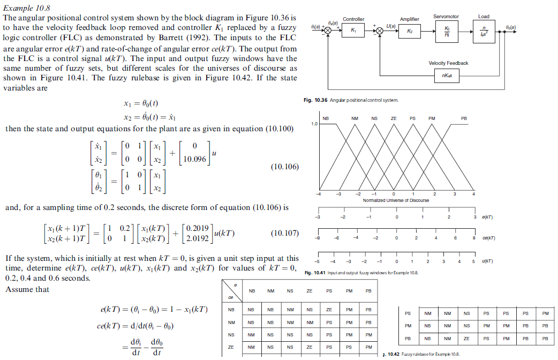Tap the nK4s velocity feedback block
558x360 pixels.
point(448,75)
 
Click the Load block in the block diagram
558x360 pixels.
point(484,31)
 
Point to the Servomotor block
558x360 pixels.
point(447,31)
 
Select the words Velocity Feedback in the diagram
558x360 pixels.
point(448,63)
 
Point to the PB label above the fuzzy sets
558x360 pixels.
point(464,118)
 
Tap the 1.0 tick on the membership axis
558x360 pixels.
point(314,124)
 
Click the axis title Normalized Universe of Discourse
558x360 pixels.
point(396,200)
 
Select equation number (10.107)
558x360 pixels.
point(285,233)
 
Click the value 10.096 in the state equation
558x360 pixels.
point(193,159)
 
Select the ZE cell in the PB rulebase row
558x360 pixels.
point(466,339)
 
